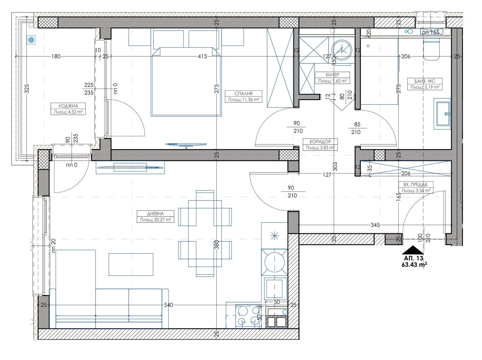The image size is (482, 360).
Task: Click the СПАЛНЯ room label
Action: coord(244,94)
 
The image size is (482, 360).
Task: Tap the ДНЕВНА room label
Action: coord(155,214)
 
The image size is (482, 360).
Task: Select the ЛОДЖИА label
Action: coord(68,106)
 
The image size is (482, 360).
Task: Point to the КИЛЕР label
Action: coord(332,75)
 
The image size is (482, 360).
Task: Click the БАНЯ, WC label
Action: coord(424,81)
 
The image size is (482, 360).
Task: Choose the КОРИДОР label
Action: coord(320,142)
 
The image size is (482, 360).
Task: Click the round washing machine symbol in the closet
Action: coord(342,50)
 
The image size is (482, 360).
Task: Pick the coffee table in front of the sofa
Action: coord(131,264)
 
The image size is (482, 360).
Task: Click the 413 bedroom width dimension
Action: coord(202,56)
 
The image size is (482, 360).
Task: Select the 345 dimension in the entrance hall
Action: coord(375,225)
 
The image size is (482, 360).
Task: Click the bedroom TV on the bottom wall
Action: coord(186,145)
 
